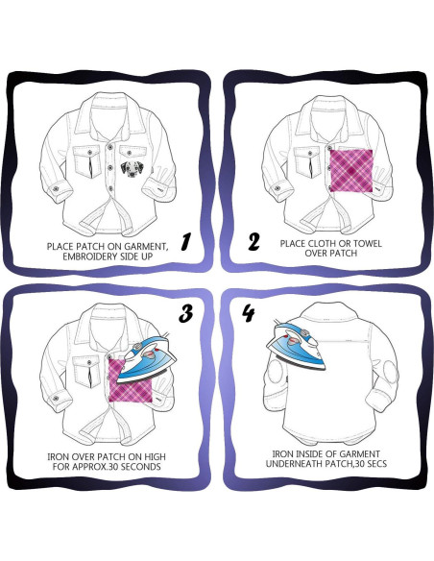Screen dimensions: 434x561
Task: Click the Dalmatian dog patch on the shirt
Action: (x=131, y=168)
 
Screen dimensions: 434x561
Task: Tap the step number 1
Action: (x=185, y=241)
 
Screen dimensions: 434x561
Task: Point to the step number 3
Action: (x=186, y=313)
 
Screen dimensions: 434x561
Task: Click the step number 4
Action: (x=249, y=313)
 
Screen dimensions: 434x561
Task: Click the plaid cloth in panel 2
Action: (x=351, y=171)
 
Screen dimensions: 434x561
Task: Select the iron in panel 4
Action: (x=296, y=345)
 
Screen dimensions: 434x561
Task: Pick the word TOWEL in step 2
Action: (x=368, y=244)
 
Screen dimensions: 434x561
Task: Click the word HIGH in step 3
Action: (x=155, y=457)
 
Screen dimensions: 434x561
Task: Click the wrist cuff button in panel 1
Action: (x=56, y=188)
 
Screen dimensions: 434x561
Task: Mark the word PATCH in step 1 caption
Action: (x=88, y=247)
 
